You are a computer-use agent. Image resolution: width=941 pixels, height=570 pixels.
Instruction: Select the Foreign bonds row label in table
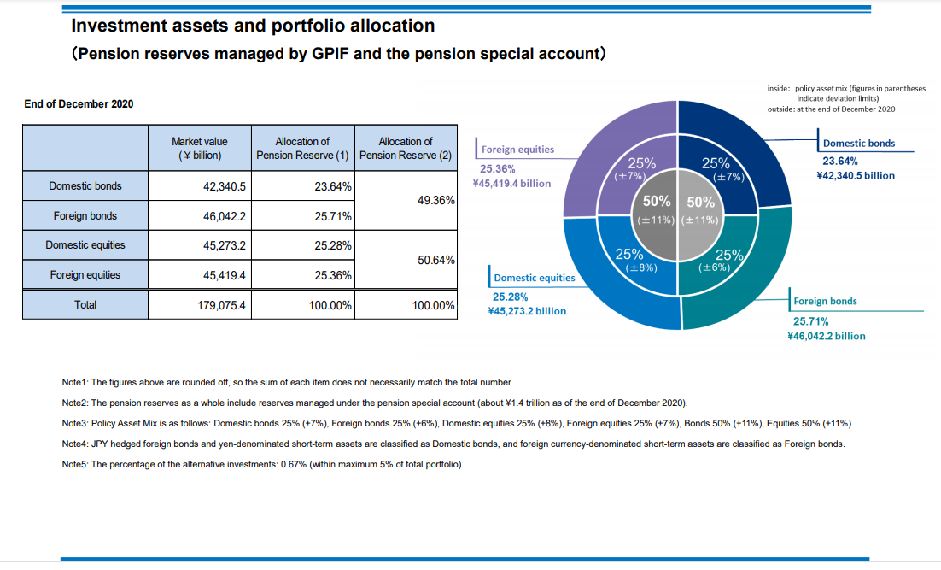pyautogui.click(x=85, y=216)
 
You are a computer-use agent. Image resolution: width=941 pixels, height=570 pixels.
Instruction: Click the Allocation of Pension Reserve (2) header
pyautogui.click(x=405, y=148)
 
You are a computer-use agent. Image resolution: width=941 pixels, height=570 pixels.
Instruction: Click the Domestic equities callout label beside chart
pyautogui.click(x=535, y=278)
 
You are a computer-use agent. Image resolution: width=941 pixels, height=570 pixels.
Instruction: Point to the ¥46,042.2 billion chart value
pyautogui.click(x=826, y=336)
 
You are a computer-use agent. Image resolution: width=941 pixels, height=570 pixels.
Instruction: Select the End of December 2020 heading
pyautogui.click(x=79, y=104)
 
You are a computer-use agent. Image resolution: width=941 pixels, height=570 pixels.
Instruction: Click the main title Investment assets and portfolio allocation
pyautogui.click(x=254, y=26)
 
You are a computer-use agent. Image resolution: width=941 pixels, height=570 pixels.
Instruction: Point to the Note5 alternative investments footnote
pyautogui.click(x=262, y=464)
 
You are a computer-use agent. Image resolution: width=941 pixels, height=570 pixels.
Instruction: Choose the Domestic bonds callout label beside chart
pyautogui.click(x=858, y=144)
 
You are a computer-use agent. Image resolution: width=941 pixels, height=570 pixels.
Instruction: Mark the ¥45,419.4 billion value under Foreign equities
pyautogui.click(x=511, y=184)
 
